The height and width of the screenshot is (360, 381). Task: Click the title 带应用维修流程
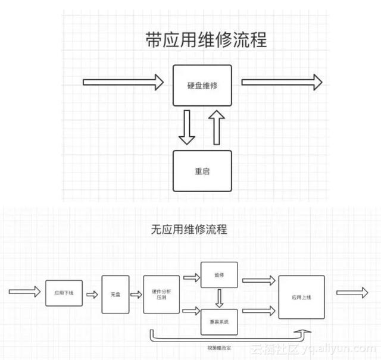click(205, 40)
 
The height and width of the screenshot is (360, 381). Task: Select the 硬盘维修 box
click(202, 86)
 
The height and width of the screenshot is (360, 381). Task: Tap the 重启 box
click(202, 171)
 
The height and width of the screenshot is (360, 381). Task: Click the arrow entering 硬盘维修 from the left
click(123, 82)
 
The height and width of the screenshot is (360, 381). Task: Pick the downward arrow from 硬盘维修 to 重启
click(187, 128)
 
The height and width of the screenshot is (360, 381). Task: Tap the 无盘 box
click(115, 295)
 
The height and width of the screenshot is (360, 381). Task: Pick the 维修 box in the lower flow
click(218, 274)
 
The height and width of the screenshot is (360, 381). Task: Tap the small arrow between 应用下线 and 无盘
click(92, 294)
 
